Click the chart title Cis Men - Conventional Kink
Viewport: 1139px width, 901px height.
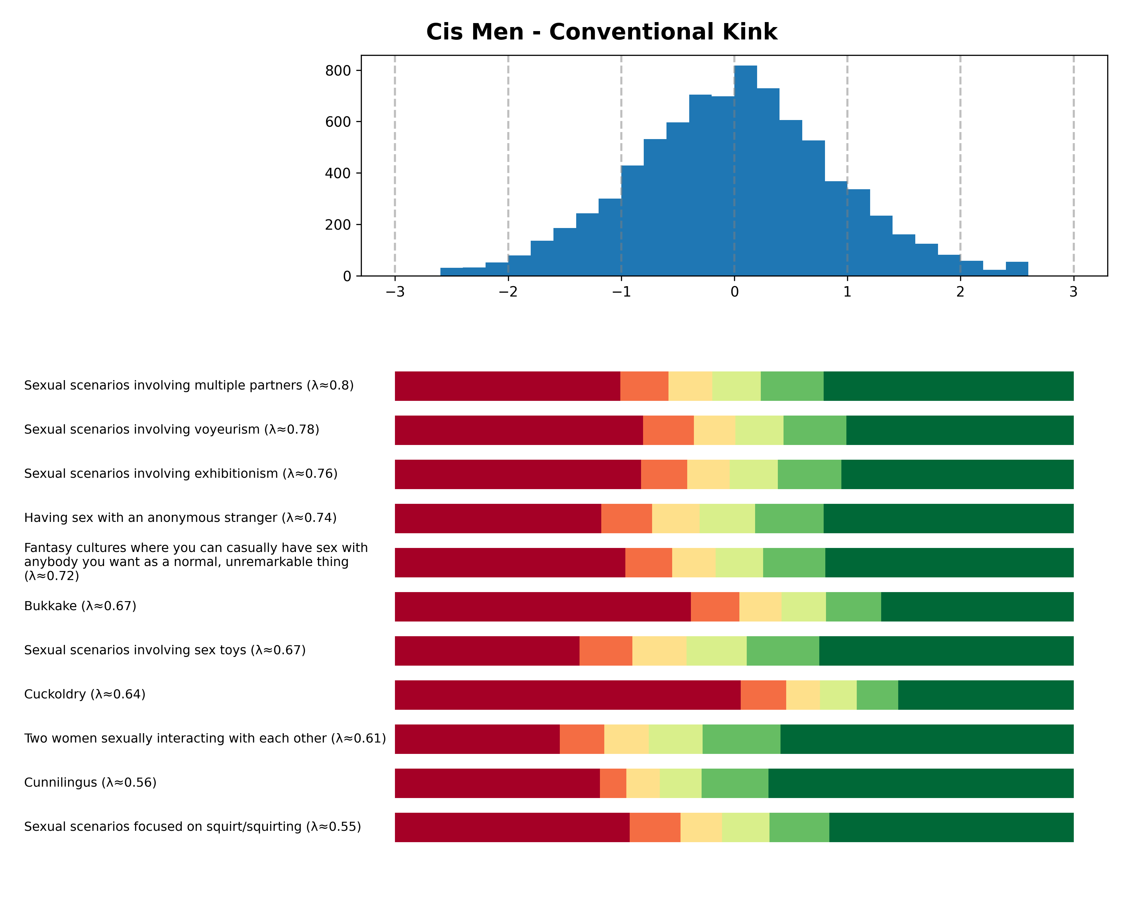pos(601,32)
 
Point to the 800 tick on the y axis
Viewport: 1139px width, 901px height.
pos(338,71)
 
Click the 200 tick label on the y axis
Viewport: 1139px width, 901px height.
pos(338,225)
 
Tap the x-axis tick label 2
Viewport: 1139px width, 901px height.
pos(960,292)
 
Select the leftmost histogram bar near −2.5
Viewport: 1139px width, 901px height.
pos(451,272)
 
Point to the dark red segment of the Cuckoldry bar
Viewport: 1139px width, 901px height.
pos(567,695)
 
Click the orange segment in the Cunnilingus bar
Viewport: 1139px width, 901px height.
pos(613,783)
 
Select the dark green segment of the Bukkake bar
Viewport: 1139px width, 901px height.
pos(977,607)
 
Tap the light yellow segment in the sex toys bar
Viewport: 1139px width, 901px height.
pos(659,651)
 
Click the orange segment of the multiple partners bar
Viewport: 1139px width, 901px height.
pos(644,386)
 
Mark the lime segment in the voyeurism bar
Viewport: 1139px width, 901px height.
pos(759,430)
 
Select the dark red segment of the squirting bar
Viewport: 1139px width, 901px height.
pos(512,827)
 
